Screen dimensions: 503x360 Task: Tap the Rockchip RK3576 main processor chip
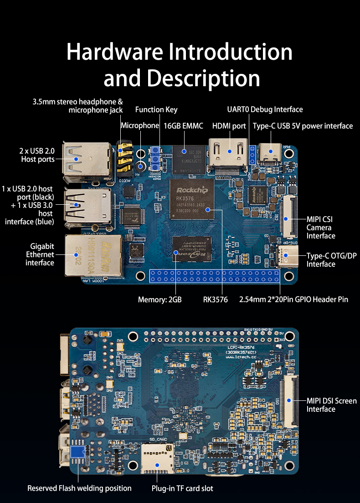tap(192, 200)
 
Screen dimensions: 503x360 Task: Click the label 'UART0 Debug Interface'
tap(265, 109)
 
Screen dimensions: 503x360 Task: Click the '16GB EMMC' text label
tap(183, 126)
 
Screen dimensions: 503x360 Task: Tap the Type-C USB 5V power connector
tap(271, 151)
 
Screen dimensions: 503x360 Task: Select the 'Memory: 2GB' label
tap(159, 300)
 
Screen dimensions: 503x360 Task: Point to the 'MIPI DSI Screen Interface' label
tap(331, 405)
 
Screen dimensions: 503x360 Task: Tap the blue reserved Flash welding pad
tap(77, 452)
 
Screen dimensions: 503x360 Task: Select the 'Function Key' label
tap(156, 109)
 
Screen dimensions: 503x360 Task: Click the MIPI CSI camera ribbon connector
tap(287, 217)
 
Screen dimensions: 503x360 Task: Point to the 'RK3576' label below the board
tap(216, 300)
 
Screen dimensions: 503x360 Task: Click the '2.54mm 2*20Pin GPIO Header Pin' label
tap(293, 300)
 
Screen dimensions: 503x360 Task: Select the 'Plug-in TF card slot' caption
tap(182, 488)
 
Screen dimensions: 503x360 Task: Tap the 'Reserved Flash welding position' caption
tap(79, 488)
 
